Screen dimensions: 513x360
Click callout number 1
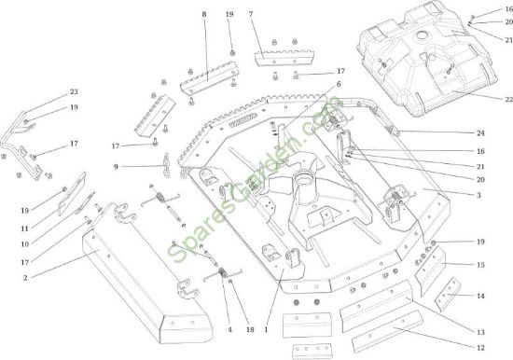(x=266, y=330)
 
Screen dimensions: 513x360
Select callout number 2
(x=25, y=278)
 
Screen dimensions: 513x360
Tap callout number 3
(x=478, y=195)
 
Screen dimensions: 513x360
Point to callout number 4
(x=229, y=330)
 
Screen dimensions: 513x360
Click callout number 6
(x=339, y=84)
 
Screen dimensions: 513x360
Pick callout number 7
(x=251, y=14)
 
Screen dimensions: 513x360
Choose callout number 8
(x=204, y=14)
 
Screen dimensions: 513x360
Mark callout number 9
(x=116, y=167)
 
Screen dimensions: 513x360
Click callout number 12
(x=480, y=348)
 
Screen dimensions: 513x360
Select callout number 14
(x=480, y=297)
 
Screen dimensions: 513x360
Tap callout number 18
(x=250, y=330)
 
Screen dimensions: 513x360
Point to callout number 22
(x=509, y=99)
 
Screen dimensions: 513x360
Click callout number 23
(x=74, y=91)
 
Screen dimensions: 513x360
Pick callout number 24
(x=480, y=133)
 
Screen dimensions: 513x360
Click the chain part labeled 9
(x=167, y=165)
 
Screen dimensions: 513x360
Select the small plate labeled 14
(x=448, y=295)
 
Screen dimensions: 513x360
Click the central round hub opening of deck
(x=302, y=177)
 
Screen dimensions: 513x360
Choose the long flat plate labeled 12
(x=387, y=331)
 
